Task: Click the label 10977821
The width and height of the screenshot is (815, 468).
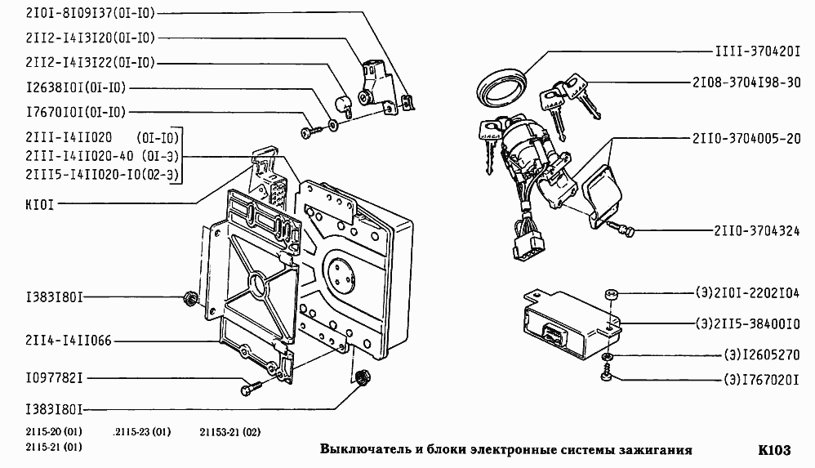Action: click(54, 378)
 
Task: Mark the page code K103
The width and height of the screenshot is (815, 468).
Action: click(773, 450)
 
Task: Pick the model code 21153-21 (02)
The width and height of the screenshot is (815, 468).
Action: click(229, 432)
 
